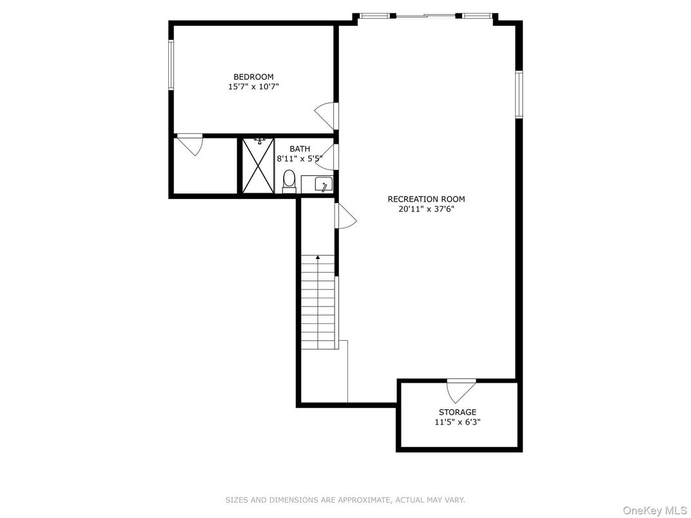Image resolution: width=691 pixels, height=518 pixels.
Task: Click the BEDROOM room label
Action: pos(253,77)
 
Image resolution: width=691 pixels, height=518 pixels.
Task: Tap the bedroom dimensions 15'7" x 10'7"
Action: pos(253,87)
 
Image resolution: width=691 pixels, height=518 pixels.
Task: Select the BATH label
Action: pos(300,149)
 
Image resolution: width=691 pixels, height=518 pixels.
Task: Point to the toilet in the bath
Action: pos(289,182)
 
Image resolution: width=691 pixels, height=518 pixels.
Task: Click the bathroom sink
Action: pos(324,184)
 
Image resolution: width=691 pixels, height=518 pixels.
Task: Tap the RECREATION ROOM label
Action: pos(426,199)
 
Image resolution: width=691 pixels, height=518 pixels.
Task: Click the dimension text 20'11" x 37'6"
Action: pos(426,209)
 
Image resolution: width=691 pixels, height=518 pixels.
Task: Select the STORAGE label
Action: pos(458,412)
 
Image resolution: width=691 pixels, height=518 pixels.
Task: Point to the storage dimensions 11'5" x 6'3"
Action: pos(458,422)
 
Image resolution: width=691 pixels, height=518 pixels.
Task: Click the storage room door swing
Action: pos(462,390)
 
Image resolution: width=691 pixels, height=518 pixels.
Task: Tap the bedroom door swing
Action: pos(327,116)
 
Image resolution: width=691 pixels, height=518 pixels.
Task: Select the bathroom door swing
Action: pos(327,157)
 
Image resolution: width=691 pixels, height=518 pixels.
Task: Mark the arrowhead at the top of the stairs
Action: pos(318,257)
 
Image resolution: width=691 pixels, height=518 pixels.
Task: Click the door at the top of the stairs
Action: pos(345,215)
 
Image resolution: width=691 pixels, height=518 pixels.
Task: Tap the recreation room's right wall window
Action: pos(519,95)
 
